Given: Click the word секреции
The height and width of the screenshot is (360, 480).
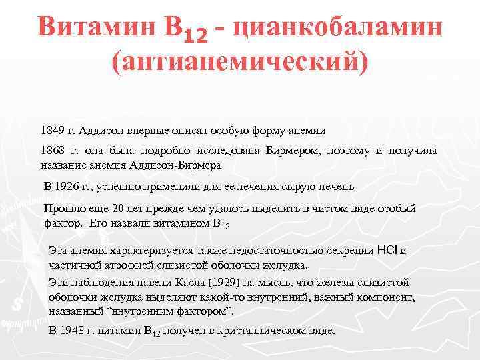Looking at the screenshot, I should coord(351,251).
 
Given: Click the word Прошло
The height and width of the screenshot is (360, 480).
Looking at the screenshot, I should coord(63,209).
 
